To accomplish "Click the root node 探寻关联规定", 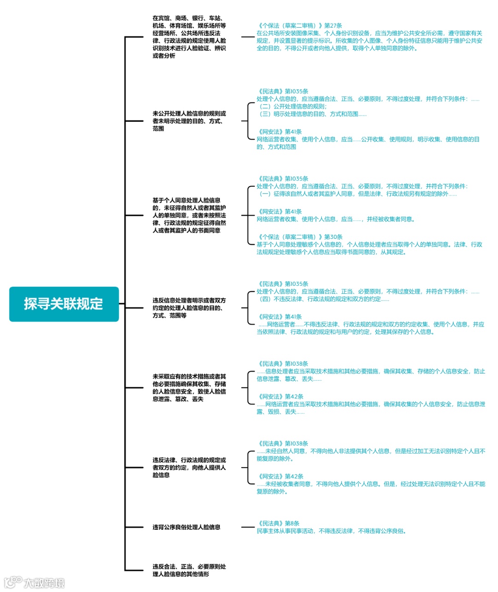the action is pos(64,304).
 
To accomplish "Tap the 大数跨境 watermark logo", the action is pos(35,582).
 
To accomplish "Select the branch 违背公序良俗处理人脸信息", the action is pos(186,527).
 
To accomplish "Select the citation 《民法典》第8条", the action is pos(278,523).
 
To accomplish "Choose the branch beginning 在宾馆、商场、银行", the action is pos(189,37).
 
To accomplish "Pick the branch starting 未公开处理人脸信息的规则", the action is pos(189,121).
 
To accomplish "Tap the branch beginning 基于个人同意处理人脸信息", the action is pos(189,215).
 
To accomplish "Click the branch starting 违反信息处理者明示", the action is pos(189,308).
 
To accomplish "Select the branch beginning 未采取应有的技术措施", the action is pos(189,388).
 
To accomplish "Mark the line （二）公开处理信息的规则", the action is pos(293,107).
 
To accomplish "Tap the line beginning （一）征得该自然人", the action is pos(358,194).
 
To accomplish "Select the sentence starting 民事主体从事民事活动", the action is pos(332,531).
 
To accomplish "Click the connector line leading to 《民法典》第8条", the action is pos(248,527).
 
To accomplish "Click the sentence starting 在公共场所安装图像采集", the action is pos(369,41).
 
